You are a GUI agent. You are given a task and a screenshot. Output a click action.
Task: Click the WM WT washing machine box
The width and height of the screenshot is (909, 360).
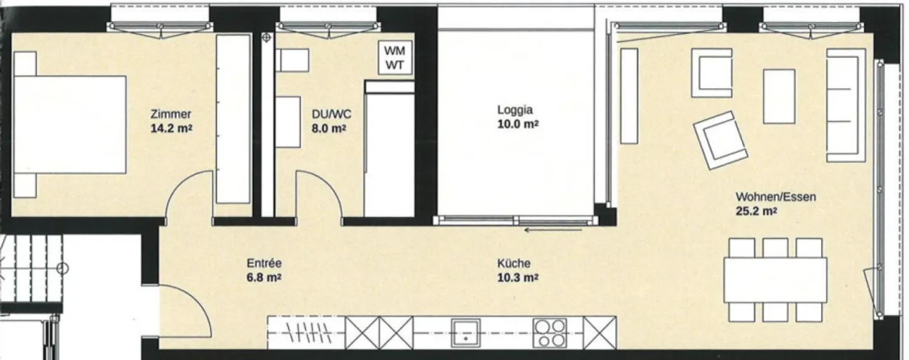click(x=395, y=57)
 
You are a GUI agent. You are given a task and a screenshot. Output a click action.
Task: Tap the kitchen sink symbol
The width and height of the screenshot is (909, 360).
click(x=466, y=332)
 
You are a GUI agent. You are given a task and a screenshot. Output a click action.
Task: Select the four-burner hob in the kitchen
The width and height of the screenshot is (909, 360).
click(x=550, y=332)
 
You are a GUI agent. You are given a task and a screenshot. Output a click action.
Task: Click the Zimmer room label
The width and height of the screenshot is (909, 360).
click(x=171, y=114)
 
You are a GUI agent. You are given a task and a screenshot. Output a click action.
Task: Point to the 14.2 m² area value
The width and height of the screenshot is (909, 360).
click(x=171, y=129)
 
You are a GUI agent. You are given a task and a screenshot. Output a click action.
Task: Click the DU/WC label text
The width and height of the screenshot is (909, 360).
click(x=331, y=114)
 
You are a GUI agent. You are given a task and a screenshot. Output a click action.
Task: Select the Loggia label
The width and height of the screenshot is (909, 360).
click(x=515, y=110)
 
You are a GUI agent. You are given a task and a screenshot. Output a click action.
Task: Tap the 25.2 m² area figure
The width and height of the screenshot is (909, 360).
click(x=757, y=212)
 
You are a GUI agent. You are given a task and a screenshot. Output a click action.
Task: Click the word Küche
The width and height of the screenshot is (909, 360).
click(x=514, y=263)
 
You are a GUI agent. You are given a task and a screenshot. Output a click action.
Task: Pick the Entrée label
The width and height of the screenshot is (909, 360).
click(x=264, y=263)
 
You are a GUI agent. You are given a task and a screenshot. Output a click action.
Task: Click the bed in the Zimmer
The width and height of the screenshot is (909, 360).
click(x=70, y=124)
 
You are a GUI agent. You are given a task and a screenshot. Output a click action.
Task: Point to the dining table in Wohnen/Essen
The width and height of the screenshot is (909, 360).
click(x=775, y=280)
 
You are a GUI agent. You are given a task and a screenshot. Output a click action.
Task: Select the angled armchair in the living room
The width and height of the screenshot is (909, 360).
click(x=721, y=140)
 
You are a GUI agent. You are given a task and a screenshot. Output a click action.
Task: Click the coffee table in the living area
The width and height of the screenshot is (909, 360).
click(x=779, y=96)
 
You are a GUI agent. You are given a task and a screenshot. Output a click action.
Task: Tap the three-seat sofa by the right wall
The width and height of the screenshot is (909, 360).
click(x=846, y=105)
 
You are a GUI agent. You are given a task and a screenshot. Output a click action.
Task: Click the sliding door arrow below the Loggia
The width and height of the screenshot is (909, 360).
click(x=553, y=231)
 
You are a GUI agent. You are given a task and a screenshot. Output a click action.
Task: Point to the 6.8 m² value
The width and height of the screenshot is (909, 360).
click(x=264, y=278)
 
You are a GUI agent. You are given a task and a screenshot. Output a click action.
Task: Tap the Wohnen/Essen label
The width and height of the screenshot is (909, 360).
click(x=776, y=197)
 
